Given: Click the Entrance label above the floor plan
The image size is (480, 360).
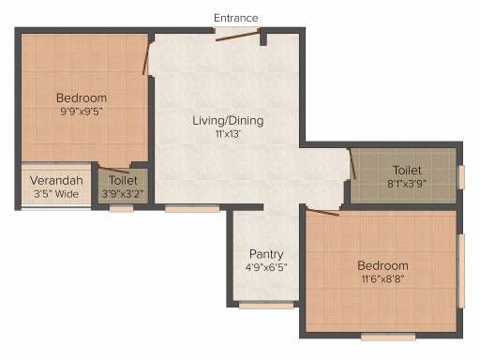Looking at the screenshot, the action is (236, 18).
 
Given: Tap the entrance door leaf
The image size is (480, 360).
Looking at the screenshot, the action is (237, 36).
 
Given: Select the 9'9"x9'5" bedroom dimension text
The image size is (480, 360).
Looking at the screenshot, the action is (82, 112).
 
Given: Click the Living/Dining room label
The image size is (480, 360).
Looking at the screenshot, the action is (228, 121).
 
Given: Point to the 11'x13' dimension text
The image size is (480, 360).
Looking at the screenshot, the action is (228, 134).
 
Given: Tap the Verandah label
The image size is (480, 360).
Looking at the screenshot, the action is (56, 180).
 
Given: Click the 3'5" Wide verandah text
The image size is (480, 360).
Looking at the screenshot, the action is (56, 194).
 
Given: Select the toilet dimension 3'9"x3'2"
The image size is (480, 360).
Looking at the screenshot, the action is (123, 194).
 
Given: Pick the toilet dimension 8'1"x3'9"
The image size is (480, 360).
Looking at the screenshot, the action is (407, 184).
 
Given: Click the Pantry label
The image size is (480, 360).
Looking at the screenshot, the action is (266, 254).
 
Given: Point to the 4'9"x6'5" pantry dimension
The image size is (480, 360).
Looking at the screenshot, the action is (266, 267).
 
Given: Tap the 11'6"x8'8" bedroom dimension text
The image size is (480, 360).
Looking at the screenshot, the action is (382, 278).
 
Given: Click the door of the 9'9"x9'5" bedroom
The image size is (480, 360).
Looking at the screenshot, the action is (146, 58).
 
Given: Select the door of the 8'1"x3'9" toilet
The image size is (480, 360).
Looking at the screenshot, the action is (352, 163).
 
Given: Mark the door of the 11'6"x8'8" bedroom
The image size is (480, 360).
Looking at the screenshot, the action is (322, 212).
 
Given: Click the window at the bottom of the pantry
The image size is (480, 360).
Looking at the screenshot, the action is (266, 305).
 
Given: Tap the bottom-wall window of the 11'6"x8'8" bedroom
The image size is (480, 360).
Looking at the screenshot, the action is (388, 337).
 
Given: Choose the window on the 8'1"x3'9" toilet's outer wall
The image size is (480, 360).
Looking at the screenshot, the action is (461, 177).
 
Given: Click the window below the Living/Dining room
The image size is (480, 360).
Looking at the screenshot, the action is (192, 209).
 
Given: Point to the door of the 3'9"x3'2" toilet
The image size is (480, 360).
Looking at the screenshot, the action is (113, 169).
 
